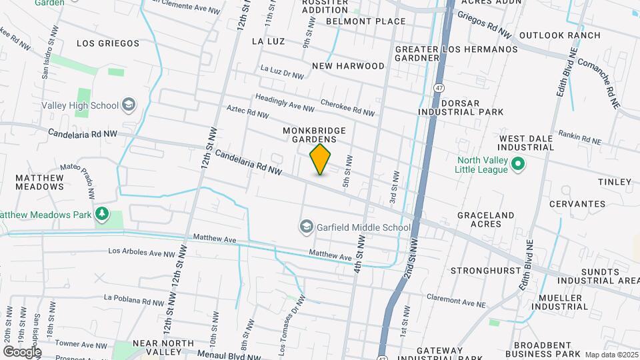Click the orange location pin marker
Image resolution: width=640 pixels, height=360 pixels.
pos(320,159)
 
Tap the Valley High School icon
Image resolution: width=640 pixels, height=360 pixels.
pos(129,105)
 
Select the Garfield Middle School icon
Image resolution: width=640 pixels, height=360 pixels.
pos(307,227)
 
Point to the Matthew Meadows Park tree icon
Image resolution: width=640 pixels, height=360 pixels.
pos(102,215)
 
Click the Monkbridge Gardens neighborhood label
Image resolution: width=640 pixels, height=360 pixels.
pos(317,135)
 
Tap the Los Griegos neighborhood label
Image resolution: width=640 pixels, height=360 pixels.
pos(108,43)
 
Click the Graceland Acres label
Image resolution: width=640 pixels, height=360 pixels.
pos(485,220)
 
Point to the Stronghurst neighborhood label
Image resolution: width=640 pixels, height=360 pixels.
pos(484,271)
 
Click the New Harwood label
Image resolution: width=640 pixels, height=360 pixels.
pos(348,66)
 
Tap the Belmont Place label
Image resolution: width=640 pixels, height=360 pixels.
pos(365,21)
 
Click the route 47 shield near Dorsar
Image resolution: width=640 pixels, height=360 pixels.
pos(438,88)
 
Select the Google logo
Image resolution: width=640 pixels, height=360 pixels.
pos(22,351)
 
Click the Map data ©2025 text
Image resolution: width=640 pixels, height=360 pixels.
pos(611,355)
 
